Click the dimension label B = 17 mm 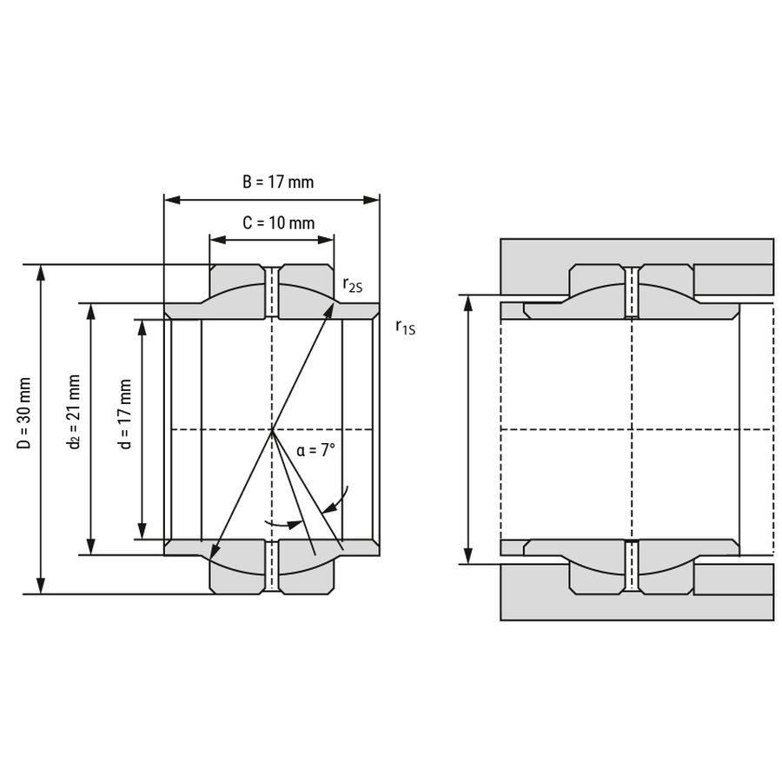[x=278, y=182]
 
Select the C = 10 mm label [x=278, y=223]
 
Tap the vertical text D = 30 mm [x=24, y=413]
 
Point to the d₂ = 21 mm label [x=75, y=412]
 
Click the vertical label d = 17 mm [x=125, y=414]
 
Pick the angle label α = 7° [x=315, y=450]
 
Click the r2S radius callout [x=353, y=284]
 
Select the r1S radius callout [x=406, y=328]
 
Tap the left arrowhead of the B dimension [x=172, y=200]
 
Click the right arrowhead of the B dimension [x=372, y=200]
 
